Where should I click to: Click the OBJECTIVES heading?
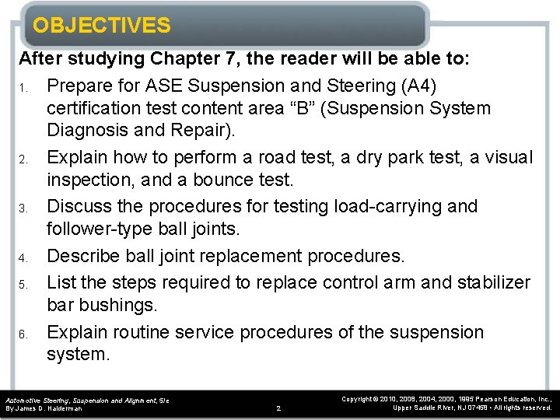[x=101, y=26]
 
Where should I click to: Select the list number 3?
[x=23, y=208]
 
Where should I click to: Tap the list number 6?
[x=23, y=334]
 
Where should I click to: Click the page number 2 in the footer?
[x=278, y=408]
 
